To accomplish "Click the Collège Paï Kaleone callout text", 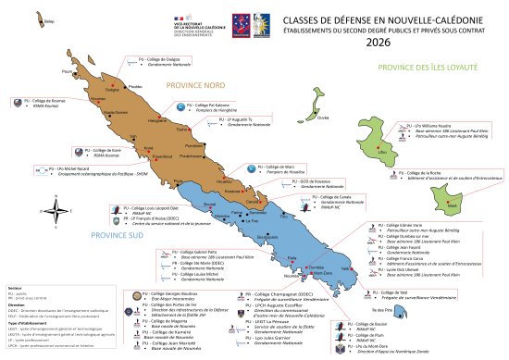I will pos(213,106).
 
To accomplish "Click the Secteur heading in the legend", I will pos(13,288).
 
